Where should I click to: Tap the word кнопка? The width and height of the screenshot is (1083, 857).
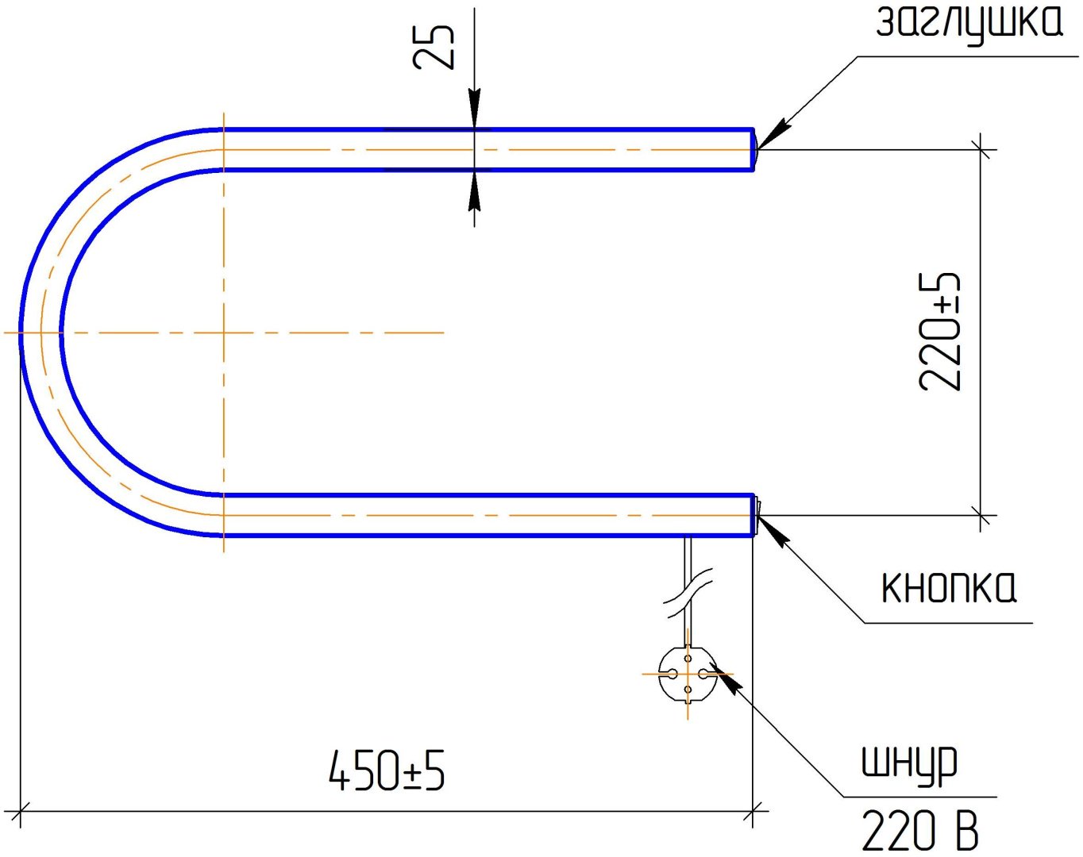[x=948, y=587]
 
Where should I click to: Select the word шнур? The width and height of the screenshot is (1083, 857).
[x=909, y=763]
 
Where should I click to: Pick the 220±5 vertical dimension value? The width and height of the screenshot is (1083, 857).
[x=940, y=332]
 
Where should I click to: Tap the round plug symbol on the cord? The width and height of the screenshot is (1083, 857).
[x=688, y=674]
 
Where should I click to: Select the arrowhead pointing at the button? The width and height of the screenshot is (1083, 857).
[x=773, y=531]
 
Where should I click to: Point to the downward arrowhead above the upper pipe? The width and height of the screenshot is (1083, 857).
[x=474, y=109]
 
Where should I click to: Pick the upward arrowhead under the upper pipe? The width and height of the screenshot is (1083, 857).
[x=474, y=190]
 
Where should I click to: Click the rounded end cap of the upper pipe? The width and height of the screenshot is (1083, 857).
[x=755, y=150]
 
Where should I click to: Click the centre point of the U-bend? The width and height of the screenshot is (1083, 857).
[x=223, y=332]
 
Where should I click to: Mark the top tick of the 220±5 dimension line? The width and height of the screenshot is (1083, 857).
[x=980, y=149]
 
